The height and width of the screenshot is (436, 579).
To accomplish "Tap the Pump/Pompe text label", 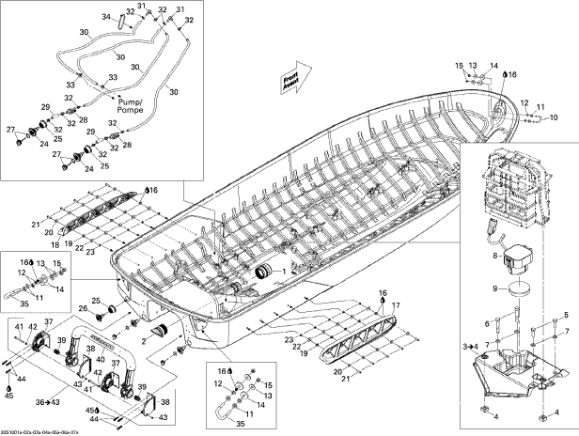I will click(x=130, y=104).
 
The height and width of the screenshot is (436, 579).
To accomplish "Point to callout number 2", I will click(x=145, y=334).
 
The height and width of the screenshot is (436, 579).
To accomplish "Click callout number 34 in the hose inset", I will click(x=106, y=18).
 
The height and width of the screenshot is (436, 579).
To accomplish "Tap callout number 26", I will click(x=83, y=308).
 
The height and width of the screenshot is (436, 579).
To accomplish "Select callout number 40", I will click(x=101, y=359).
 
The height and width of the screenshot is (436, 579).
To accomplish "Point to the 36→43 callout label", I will click(x=46, y=402).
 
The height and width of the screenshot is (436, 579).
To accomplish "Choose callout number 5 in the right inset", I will click(x=566, y=316).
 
